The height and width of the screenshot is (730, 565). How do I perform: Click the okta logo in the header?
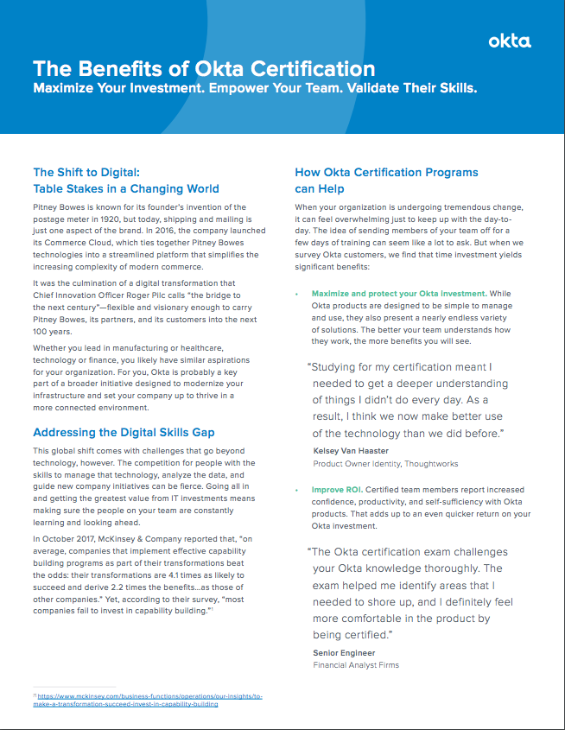pos(509,41)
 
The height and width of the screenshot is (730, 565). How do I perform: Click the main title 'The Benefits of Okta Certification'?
pos(204,69)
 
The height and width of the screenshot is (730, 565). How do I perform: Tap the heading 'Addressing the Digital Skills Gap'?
pos(124,432)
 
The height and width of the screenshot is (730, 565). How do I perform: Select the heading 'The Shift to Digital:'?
pos(86,172)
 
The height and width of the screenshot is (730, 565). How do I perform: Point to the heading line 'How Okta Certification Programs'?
pos(386,172)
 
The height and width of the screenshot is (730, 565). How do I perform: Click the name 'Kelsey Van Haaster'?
pos(352,451)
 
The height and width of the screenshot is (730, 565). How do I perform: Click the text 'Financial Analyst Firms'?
pos(356,665)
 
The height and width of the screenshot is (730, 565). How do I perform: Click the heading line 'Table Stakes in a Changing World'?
pos(126,188)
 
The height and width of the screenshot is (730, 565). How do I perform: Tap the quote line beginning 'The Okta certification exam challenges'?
pos(410,552)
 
